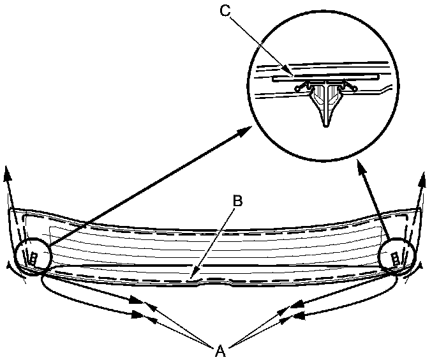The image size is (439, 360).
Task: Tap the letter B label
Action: [x=237, y=201]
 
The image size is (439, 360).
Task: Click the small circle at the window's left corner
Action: [x=31, y=256]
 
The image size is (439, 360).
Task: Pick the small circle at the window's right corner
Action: [x=396, y=257]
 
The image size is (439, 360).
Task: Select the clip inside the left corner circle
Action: [x=32, y=259]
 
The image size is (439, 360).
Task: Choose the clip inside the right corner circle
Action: [x=395, y=259]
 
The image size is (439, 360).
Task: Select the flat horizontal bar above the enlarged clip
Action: [x=325, y=76]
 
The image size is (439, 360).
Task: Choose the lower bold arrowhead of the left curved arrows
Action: [x=139, y=313]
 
